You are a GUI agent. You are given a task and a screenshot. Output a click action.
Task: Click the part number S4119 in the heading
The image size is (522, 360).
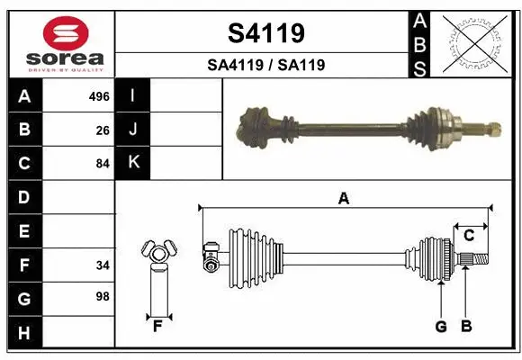(265, 33)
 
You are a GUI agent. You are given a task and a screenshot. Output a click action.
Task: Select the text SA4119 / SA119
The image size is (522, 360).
(265, 65)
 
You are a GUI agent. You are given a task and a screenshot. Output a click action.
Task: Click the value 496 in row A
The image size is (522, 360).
(99, 96)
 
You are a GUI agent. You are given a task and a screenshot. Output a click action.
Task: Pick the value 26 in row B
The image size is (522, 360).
(103, 130)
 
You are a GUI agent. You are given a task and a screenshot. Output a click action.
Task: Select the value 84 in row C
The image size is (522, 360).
(103, 164)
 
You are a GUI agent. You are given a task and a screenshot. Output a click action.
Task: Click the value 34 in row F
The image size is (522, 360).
(103, 265)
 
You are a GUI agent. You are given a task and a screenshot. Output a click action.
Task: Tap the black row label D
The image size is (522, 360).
(24, 197)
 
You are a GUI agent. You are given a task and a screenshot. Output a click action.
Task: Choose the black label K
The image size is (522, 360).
(134, 163)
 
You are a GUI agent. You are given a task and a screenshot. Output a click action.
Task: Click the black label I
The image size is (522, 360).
(134, 95)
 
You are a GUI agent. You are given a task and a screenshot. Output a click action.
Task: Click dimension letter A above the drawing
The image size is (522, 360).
(343, 199)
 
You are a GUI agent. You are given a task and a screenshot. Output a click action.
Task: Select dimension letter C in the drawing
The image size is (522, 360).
(469, 235)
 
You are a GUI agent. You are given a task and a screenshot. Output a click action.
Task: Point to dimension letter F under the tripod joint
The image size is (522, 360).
(157, 326)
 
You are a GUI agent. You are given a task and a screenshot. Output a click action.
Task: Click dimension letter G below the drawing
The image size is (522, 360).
(441, 326)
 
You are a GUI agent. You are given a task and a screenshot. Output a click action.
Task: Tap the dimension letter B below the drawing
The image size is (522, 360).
(466, 326)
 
